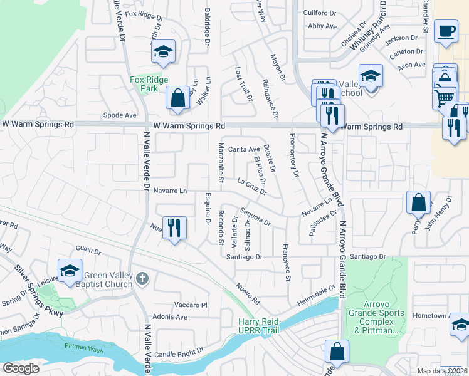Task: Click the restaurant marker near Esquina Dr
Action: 174,227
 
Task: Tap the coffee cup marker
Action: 446,31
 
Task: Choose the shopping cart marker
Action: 444,97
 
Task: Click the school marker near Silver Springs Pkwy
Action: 69,270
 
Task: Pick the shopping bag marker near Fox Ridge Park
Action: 178,98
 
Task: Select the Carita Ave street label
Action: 244,149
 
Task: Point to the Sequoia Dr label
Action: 255,217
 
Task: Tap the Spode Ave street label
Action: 120,115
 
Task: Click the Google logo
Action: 21,368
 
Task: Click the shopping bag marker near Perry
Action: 418,202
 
